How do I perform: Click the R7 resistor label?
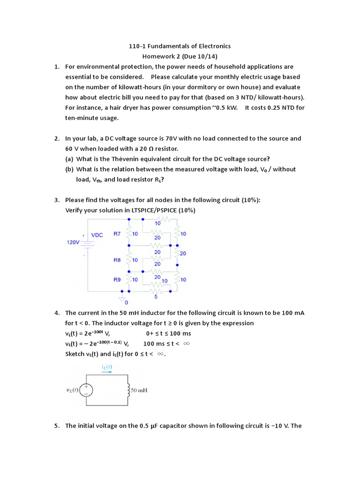tap(117, 233)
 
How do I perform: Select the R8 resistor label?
tap(117, 260)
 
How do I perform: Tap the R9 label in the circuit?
tap(117, 279)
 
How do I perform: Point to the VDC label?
tap(97, 235)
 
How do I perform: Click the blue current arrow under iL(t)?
tap(106, 372)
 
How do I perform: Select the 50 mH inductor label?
tap(139, 390)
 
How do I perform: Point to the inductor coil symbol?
tap(128, 390)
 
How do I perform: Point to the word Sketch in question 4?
tap(75, 354)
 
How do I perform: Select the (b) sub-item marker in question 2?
tap(69, 169)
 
